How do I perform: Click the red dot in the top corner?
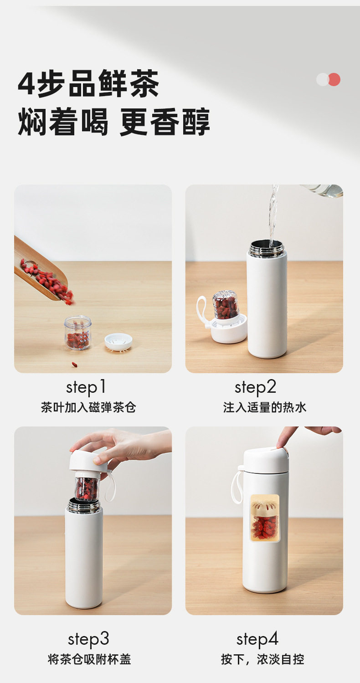click(x=334, y=80)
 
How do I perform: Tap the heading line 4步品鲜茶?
click(x=88, y=83)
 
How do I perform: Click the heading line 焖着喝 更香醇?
click(x=114, y=122)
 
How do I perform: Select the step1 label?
click(x=86, y=388)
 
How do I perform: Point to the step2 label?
click(x=256, y=388)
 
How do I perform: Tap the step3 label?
click(x=88, y=639)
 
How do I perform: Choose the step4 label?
click(x=257, y=639)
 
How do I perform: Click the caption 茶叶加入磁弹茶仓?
click(x=88, y=407)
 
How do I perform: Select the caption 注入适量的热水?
click(x=265, y=407)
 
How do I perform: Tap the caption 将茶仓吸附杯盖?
click(x=89, y=659)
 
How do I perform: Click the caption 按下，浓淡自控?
click(x=262, y=659)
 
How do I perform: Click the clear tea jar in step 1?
click(x=78, y=333)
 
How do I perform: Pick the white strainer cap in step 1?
click(x=118, y=342)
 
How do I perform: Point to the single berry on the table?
click(x=74, y=365)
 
